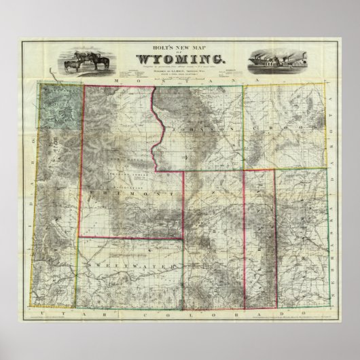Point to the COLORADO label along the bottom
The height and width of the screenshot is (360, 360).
204,310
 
